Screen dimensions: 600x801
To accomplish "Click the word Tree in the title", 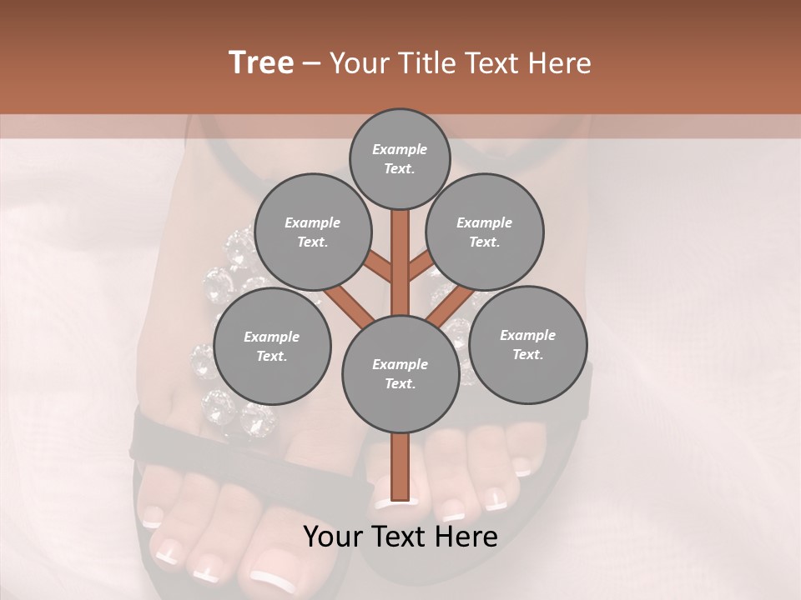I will point(261,63).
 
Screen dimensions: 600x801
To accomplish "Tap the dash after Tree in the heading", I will point(311,64).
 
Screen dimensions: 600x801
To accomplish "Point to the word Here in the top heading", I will point(559,63).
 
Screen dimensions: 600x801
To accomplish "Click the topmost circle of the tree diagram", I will point(400,158).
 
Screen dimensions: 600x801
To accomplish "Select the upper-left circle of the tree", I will point(312,232).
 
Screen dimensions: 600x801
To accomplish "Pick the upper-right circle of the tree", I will point(485,232).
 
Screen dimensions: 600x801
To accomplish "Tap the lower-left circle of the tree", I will point(271,346).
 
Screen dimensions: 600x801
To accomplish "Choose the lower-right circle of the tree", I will point(527,344).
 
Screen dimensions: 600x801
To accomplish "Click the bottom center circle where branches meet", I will point(400,373).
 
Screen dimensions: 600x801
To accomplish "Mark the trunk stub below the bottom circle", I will point(400,467).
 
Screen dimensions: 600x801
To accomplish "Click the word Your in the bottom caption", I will point(332,537).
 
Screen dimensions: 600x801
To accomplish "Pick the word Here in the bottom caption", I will point(468,537).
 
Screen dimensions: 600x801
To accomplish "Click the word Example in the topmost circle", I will point(400,149).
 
